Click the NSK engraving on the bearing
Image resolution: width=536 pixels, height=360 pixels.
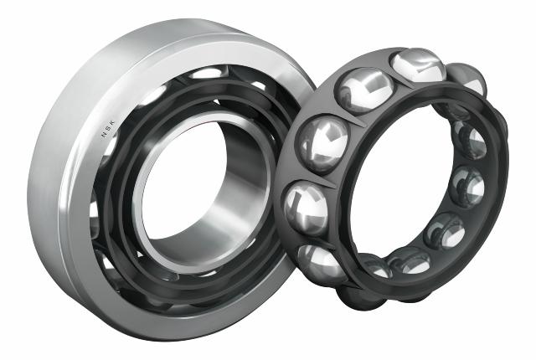click(x=108, y=129)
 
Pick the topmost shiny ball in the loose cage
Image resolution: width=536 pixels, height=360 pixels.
click(x=418, y=67)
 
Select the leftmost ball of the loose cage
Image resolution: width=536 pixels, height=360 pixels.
click(x=305, y=208)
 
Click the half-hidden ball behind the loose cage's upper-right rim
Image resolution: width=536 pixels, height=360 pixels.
click(x=467, y=78)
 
